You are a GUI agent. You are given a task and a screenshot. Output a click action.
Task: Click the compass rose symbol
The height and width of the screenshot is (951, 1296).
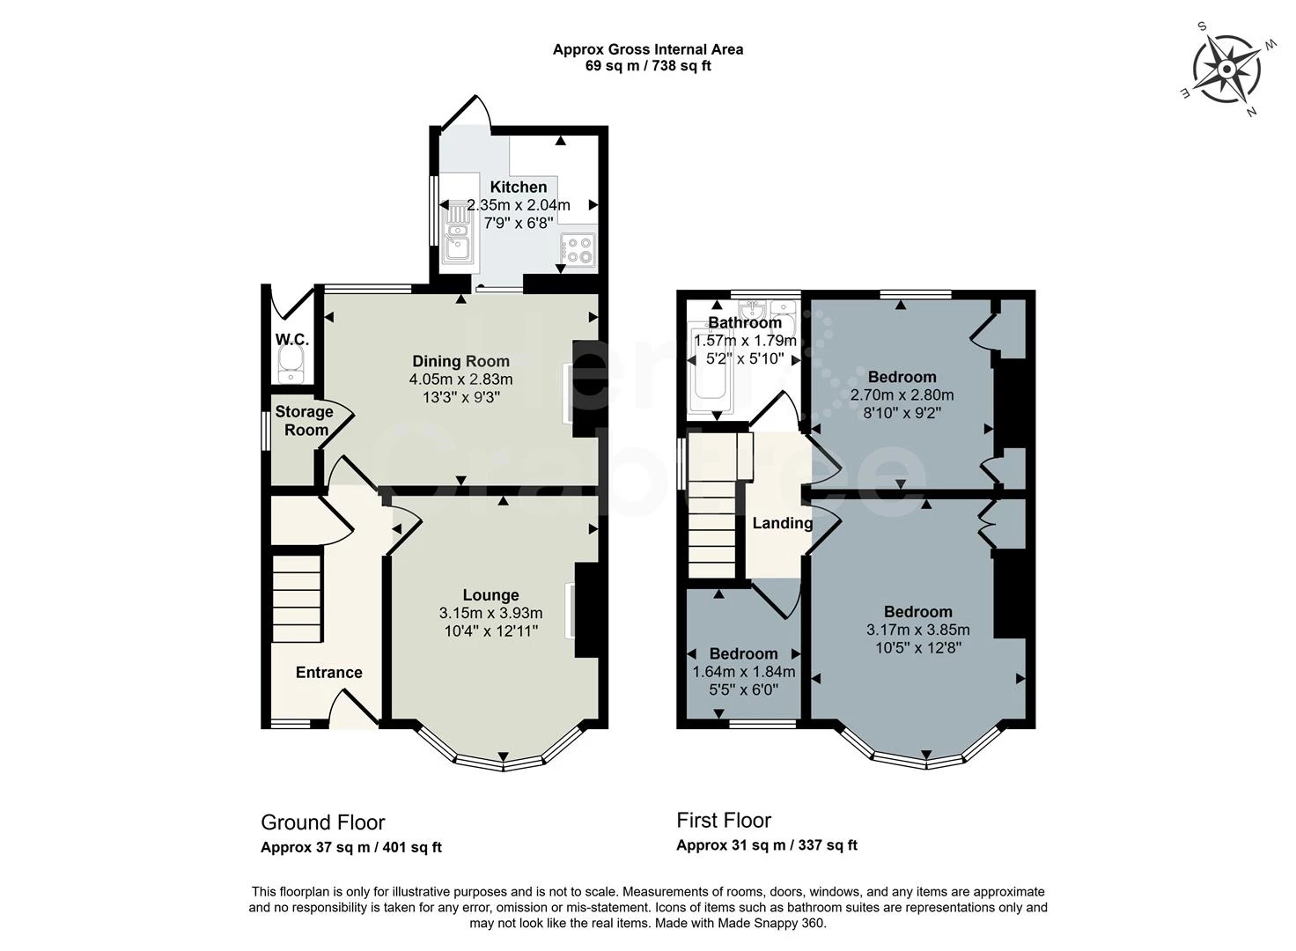1226,70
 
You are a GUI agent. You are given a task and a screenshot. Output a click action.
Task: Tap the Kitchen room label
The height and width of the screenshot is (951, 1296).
519,187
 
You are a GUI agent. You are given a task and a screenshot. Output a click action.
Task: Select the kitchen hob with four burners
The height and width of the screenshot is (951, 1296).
578,250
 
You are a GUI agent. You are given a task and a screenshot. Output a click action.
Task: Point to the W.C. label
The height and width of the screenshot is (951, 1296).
292,339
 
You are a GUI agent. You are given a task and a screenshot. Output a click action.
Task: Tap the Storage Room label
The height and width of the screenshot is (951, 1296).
305,421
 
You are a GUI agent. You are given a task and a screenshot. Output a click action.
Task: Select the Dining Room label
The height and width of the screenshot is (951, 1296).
461,361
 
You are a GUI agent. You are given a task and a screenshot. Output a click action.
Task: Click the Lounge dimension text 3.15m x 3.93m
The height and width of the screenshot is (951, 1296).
490,612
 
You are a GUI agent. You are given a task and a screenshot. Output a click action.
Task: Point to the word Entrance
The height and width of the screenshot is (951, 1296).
329,672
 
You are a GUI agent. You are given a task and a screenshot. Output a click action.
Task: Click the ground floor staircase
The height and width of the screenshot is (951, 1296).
296,599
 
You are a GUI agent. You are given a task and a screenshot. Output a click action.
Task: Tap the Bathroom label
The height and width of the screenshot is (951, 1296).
745,322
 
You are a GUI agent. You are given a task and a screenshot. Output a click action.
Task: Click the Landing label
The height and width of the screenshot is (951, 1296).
783,523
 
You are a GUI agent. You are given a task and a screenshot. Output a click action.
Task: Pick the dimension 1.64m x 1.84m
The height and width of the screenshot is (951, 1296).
744,672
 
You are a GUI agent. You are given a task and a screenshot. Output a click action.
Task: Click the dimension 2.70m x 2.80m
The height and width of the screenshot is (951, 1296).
902,394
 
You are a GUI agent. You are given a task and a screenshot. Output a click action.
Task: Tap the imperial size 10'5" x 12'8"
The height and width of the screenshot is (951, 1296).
919,647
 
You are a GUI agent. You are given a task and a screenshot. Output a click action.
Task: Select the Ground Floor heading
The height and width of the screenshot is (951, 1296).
323,822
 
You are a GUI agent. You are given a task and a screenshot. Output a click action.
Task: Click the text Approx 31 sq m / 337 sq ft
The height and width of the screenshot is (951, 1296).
767,845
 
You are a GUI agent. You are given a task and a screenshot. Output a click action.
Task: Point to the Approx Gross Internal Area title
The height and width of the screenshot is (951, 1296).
648,50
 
